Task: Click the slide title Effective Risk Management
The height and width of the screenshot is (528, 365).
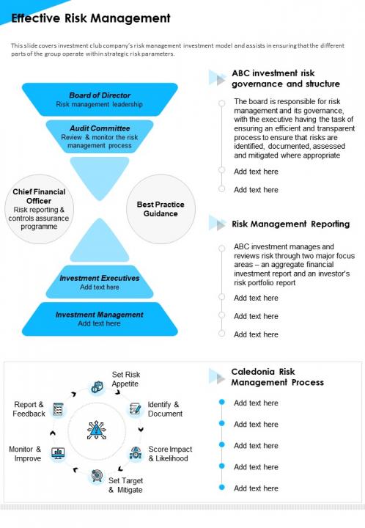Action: tap(91, 18)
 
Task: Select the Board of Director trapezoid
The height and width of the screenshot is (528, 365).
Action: tap(100, 100)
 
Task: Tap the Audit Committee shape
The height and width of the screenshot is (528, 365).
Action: tap(100, 136)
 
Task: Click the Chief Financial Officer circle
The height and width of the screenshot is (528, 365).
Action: tap(39, 209)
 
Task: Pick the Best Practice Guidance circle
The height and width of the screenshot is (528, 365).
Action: tap(161, 209)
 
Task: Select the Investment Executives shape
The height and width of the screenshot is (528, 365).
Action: tap(100, 282)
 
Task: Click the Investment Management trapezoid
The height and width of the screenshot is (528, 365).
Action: tap(100, 319)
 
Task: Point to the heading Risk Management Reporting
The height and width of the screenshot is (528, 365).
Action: tap(291, 224)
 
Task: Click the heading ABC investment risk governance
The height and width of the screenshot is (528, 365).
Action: tap(286, 78)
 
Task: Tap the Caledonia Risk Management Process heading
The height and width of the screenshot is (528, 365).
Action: tap(277, 377)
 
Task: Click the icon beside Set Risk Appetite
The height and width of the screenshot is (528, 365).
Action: tap(97, 387)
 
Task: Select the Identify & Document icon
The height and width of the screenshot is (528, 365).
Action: tap(136, 408)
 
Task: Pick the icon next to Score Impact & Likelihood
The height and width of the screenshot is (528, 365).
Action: tap(136, 454)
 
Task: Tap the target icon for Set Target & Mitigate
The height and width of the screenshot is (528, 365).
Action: tap(97, 476)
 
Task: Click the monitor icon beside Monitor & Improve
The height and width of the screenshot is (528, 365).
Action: tap(58, 453)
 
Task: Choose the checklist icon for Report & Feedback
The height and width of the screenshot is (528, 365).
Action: tap(58, 409)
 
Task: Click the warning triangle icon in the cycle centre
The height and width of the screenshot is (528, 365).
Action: tap(97, 430)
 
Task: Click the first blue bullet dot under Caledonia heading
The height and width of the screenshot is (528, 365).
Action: tap(221, 402)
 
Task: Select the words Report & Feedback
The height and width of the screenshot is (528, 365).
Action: tap(29, 408)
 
